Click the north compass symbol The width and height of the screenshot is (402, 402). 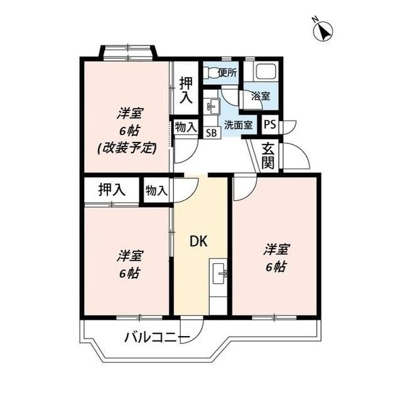(x=323, y=30)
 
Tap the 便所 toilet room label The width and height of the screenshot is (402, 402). (x=227, y=73)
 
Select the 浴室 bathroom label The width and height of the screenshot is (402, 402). (x=261, y=96)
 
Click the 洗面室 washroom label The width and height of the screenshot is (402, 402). (x=239, y=124)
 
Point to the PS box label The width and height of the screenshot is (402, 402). (x=269, y=124)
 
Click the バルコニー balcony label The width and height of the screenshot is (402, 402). (x=157, y=338)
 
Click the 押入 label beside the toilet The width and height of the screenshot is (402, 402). (x=186, y=90)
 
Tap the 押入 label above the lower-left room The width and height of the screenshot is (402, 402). (x=112, y=189)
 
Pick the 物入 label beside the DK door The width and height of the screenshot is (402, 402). (x=156, y=190)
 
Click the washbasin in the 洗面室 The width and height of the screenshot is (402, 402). (x=212, y=107)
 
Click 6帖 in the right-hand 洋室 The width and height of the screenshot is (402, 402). (x=275, y=266)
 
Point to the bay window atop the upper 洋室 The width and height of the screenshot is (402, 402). (x=128, y=51)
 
